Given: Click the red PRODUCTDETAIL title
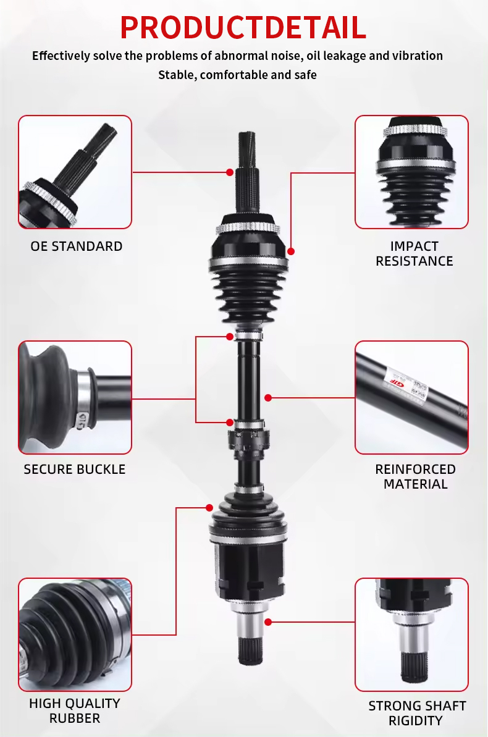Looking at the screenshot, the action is [x=243, y=28].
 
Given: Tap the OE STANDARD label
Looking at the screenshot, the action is [x=76, y=246].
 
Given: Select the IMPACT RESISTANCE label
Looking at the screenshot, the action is [x=414, y=254].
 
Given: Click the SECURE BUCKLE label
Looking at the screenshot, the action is [x=75, y=469].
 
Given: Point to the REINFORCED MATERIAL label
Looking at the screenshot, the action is [x=415, y=476].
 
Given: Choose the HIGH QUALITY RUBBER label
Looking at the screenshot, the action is [x=75, y=710].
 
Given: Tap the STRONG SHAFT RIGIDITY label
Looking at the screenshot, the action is [x=417, y=713].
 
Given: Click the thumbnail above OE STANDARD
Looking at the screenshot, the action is [x=75, y=172].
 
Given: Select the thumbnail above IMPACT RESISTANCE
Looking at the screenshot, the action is [x=412, y=172].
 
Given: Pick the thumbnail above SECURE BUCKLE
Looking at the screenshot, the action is [x=75, y=398].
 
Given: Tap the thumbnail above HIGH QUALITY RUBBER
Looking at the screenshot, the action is [x=75, y=634].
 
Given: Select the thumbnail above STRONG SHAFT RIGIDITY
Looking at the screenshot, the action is [x=412, y=634].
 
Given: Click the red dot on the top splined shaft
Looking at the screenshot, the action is [x=230, y=172].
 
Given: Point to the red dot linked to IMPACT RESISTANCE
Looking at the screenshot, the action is [x=291, y=251].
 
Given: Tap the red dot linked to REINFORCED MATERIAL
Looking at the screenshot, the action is [x=268, y=398].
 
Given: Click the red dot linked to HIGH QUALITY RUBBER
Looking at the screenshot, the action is [x=209, y=508].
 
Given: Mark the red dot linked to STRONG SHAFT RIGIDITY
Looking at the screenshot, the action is [x=268, y=622].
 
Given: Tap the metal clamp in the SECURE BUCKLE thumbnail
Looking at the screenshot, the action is [x=83, y=397].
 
